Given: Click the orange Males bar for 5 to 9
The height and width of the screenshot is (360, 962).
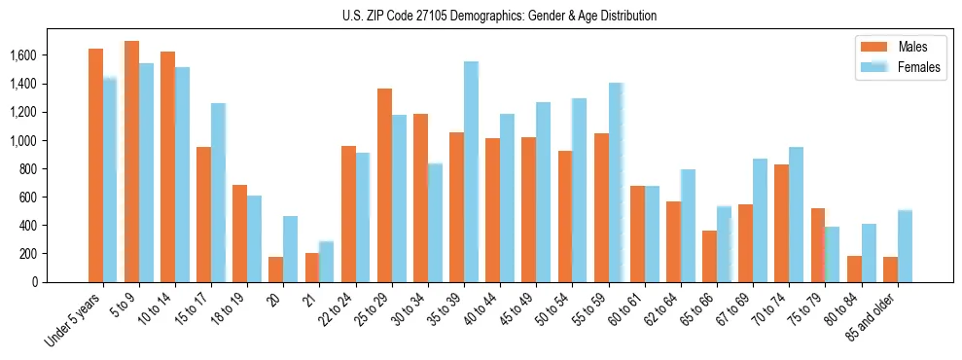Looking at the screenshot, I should [131, 162].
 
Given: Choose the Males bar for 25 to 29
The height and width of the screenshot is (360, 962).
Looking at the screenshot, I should [384, 186].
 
